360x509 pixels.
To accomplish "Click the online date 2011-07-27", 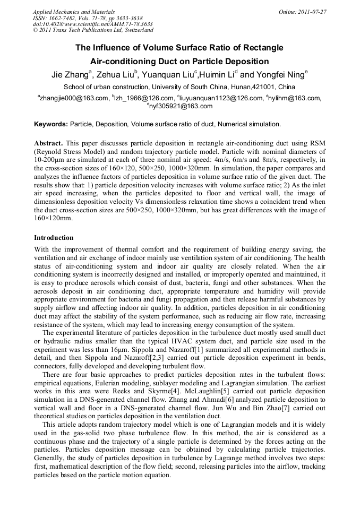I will pyautogui.click(x=312, y=11).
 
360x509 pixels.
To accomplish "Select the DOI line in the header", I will pyautogui.click(x=93, y=24).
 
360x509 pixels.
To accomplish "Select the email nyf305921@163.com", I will pyautogui.click(x=181, y=106).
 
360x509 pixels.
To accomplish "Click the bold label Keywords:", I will pyautogui.click(x=51, y=124).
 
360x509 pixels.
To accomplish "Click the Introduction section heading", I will pyautogui.click(x=54, y=237).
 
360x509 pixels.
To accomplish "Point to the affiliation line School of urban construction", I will pyautogui.click(x=179, y=87).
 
